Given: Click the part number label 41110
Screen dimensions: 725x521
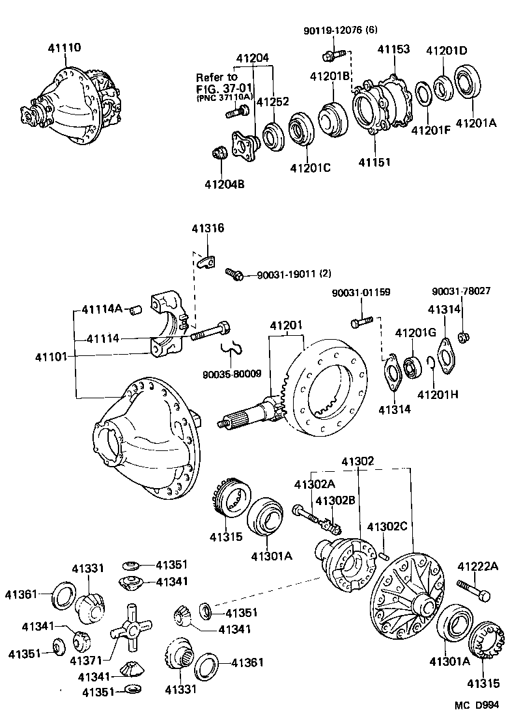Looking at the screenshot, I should click(x=64, y=48).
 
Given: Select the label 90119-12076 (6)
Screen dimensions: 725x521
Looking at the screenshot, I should click(x=340, y=31).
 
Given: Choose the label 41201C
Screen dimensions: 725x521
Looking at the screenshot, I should click(x=311, y=168).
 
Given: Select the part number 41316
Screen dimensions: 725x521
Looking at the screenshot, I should click(x=208, y=228).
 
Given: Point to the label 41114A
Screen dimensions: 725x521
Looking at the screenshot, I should click(x=102, y=308).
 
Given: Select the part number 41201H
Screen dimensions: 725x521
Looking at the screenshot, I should click(x=438, y=394).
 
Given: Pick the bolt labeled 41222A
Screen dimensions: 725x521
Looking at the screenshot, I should click(x=473, y=590).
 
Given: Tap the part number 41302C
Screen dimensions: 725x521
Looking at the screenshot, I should click(x=388, y=527).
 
